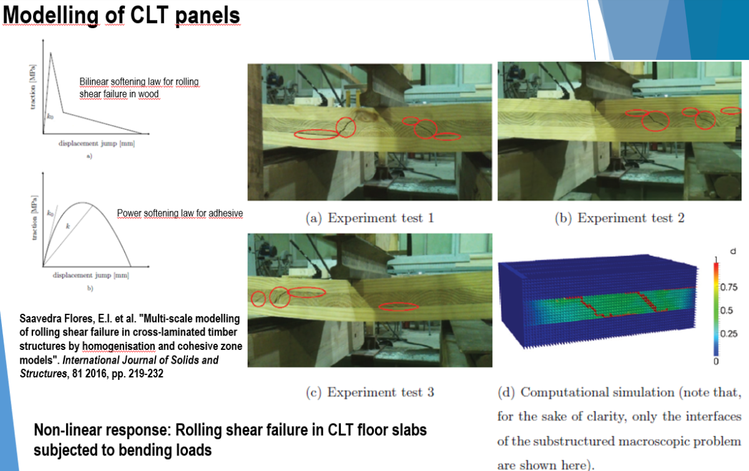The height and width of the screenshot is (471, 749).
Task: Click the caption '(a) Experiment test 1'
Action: (x=370, y=218)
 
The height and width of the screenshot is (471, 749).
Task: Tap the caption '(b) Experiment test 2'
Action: (x=620, y=218)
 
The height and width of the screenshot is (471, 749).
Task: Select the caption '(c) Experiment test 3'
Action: (x=370, y=392)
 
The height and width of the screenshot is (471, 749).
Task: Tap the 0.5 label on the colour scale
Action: (x=727, y=311)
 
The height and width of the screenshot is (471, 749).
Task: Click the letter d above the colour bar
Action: (x=733, y=251)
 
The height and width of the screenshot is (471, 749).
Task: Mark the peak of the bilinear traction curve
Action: (x=51, y=52)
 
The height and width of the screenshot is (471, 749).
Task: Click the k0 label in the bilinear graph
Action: (x=50, y=117)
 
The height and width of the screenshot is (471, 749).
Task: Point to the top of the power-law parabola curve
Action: (x=82, y=203)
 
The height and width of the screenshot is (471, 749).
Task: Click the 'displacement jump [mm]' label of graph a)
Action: (x=97, y=143)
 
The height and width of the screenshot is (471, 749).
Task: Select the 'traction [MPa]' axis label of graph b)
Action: (x=34, y=218)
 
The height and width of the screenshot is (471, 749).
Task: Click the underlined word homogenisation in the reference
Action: (x=119, y=346)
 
